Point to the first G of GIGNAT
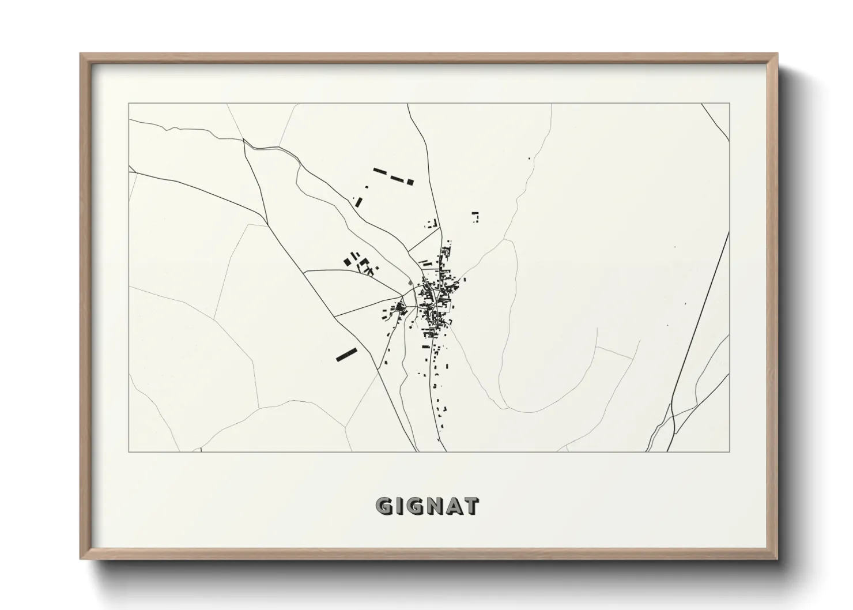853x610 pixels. click(x=385, y=506)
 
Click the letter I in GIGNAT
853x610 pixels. click(x=399, y=506)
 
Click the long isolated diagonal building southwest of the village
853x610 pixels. click(x=346, y=354)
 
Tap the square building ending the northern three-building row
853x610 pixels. click(x=410, y=182)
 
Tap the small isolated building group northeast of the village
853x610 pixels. click(x=475, y=216)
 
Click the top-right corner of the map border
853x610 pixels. click(x=729, y=104)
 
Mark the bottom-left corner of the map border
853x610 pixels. click(x=129, y=451)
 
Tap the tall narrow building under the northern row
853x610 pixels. click(x=358, y=202)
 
